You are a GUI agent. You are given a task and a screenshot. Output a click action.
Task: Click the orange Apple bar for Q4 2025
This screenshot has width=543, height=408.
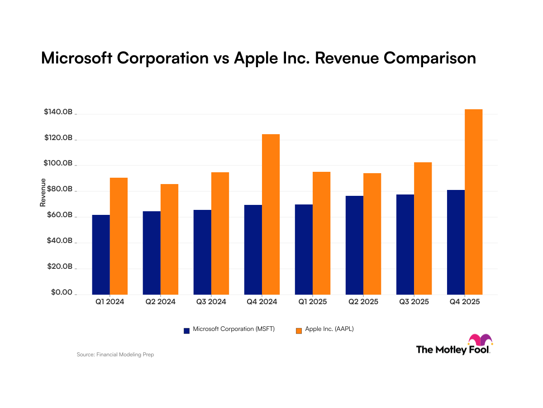click(473, 202)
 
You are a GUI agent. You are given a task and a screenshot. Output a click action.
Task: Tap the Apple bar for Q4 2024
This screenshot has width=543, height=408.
click(271, 214)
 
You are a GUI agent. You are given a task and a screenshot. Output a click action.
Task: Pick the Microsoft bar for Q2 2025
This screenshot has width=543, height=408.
click(354, 245)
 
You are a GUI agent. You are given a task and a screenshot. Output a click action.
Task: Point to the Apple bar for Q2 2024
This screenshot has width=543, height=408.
click(169, 239)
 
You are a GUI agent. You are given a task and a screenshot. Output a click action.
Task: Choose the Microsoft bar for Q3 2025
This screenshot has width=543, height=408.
click(405, 244)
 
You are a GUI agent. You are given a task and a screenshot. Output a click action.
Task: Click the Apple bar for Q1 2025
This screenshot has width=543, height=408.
click(321, 233)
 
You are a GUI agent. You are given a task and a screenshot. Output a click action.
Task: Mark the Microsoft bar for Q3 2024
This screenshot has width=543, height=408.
click(202, 252)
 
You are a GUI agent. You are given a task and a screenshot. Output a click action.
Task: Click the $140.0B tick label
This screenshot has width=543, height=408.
click(58, 112)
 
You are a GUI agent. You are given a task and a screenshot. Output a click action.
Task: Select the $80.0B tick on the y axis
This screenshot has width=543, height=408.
click(60, 189)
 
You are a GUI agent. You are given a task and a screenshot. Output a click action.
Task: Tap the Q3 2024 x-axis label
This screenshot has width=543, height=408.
click(211, 301)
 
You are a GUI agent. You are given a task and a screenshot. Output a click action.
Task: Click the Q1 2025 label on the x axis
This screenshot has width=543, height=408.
click(312, 301)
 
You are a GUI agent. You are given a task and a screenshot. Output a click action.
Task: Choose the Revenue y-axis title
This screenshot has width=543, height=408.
click(43, 193)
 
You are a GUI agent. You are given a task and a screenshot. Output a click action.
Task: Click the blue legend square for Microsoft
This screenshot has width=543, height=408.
click(186, 330)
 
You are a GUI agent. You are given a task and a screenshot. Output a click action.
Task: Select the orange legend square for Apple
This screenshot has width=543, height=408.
click(299, 330)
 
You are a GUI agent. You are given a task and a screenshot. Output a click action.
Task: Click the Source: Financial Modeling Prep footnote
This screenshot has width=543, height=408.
click(115, 355)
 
